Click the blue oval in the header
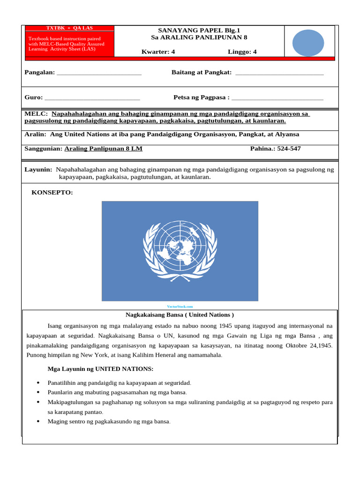tap(308, 43)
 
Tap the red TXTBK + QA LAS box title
tap(69, 28)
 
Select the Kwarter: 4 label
tap(158, 52)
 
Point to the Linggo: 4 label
tap(242, 52)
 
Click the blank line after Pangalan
tap(99, 74)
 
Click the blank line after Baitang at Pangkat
tap(279, 74)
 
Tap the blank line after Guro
tap(92, 98)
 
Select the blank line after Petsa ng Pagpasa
tap(277, 98)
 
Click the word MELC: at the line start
tap(36, 113)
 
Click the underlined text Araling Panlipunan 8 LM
tap(103, 149)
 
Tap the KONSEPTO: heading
tap(52, 193)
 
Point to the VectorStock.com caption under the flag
tap(180, 306)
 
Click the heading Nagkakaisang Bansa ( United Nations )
tap(180, 315)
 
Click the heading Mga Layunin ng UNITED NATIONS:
tap(100, 369)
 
